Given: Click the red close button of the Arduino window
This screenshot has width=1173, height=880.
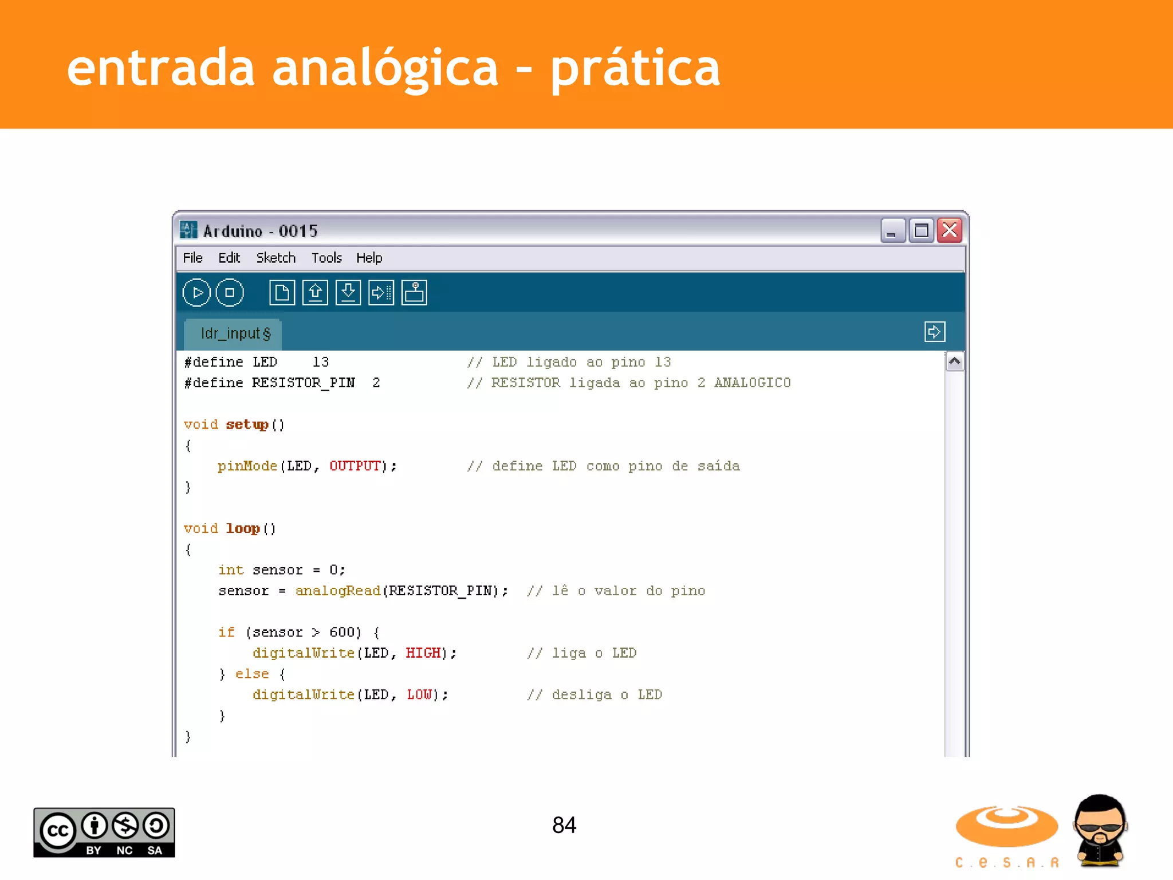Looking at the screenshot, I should click(x=950, y=231).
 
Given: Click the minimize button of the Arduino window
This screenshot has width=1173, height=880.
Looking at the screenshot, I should click(x=892, y=231).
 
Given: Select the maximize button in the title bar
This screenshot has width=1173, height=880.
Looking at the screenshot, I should click(x=921, y=231).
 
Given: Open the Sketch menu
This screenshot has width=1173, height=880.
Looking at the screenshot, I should click(x=275, y=258).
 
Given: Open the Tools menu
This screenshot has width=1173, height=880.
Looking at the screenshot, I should click(x=326, y=258).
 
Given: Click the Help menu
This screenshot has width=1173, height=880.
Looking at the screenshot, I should click(x=369, y=258).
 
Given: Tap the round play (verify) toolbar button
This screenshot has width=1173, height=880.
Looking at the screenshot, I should click(x=196, y=293).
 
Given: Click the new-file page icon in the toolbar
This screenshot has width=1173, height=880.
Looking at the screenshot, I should click(x=282, y=293).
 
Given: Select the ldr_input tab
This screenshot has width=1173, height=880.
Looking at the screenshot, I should click(x=235, y=333).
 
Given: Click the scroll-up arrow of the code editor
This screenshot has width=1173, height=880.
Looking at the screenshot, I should click(x=954, y=362).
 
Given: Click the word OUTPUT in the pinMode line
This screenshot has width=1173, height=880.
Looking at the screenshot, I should click(x=355, y=466).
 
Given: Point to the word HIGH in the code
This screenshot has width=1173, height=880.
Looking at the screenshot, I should click(x=423, y=653).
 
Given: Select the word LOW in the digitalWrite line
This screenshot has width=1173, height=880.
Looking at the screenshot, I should click(x=419, y=695).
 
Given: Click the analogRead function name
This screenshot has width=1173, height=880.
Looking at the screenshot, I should click(x=338, y=591).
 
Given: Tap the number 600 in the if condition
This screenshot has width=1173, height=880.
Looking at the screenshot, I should click(x=342, y=632).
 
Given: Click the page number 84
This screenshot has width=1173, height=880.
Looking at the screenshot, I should click(x=564, y=825).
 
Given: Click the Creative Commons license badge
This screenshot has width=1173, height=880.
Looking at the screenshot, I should click(x=104, y=832).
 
